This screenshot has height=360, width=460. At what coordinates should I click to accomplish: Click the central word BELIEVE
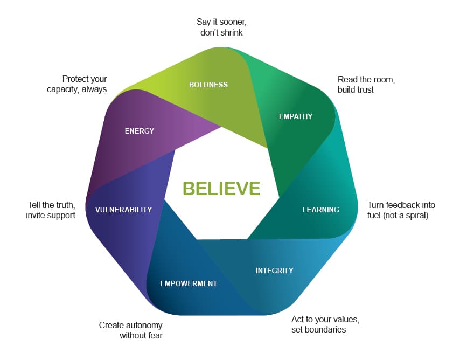tap(221, 188)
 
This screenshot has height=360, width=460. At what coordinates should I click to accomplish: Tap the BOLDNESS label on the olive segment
tap(208, 85)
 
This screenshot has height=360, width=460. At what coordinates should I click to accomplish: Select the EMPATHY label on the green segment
tap(295, 116)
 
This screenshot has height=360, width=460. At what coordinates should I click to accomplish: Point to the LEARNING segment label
tap(320, 210)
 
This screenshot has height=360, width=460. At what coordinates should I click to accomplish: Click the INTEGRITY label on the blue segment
tap(274, 271)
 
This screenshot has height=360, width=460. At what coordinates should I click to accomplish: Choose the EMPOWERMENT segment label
tap(189, 283)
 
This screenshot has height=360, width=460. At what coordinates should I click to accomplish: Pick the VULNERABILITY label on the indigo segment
tap(123, 210)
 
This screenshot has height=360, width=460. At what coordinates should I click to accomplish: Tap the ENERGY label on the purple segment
tap(139, 131)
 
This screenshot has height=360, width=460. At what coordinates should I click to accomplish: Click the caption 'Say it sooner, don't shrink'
tap(221, 27)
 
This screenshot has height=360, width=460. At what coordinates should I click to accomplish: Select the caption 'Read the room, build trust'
tap(366, 85)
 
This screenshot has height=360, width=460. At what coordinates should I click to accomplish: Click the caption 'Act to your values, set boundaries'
tap(325, 324)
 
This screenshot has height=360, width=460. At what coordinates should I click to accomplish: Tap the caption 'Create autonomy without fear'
tap(131, 330)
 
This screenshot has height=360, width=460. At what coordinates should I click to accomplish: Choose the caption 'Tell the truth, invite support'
tap(51, 210)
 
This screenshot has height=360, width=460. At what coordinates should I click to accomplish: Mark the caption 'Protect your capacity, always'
tap(77, 84)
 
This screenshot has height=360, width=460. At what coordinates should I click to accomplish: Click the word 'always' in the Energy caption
tap(95, 89)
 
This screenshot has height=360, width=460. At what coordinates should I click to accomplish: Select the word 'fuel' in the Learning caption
tap(374, 215)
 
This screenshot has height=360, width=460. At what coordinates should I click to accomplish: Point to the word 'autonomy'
tap(145, 326)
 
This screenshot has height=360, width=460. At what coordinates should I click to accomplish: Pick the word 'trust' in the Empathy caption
tap(364, 89)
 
